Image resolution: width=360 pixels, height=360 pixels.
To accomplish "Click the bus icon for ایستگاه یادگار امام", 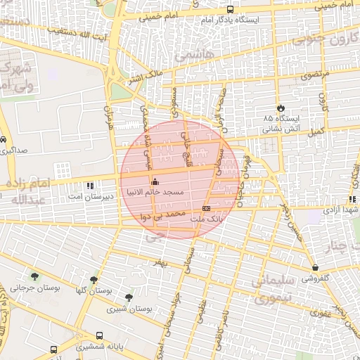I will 231,10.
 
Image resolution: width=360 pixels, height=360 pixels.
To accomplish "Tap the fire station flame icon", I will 281,108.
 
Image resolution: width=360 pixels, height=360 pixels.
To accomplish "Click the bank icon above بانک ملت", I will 206,209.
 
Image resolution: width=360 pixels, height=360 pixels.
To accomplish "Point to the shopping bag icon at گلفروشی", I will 315,267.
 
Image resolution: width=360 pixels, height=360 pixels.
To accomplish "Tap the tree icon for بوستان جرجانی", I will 35,276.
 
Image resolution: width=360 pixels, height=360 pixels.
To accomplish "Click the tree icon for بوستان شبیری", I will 128,297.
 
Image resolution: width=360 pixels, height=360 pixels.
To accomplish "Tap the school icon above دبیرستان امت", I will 90,186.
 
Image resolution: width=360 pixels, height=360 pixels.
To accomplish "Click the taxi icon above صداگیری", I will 4,139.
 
